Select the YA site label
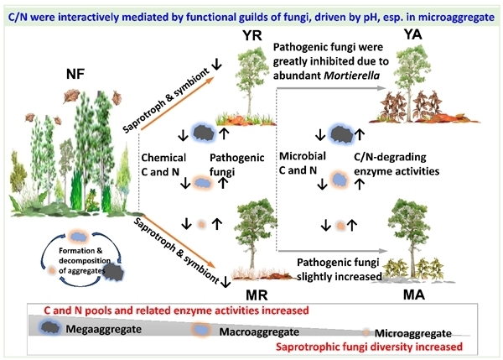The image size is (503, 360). click(x=412, y=34)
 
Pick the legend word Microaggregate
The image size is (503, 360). click(x=417, y=333)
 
